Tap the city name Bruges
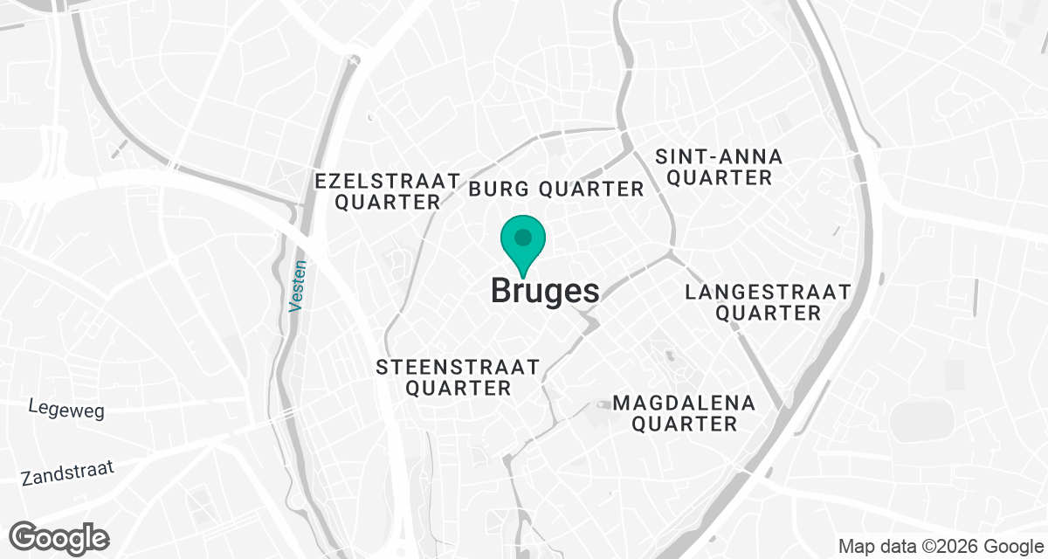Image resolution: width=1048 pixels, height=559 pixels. [x=545, y=291]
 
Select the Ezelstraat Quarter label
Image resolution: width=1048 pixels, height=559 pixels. [x=388, y=191]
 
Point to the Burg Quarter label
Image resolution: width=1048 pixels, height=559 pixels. [x=556, y=189]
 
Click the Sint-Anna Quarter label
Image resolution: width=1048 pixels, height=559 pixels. [x=719, y=168]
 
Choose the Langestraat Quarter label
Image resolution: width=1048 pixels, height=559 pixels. [x=767, y=302]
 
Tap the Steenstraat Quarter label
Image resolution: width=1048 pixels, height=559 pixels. [x=458, y=377]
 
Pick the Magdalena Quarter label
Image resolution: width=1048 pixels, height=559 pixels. [x=684, y=413]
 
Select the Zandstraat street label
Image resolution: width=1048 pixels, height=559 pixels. [x=68, y=474]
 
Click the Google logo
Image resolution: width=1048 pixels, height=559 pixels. [x=59, y=536]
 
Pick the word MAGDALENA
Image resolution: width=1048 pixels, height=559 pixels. [x=684, y=403]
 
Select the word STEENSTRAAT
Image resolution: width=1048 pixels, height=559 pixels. [x=458, y=367]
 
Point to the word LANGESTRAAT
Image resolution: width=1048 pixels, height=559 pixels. [x=767, y=292]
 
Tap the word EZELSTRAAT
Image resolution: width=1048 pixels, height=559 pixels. [x=388, y=181]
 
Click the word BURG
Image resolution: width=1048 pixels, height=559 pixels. [x=500, y=189]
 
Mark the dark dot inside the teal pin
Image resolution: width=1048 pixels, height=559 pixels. [x=523, y=238]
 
